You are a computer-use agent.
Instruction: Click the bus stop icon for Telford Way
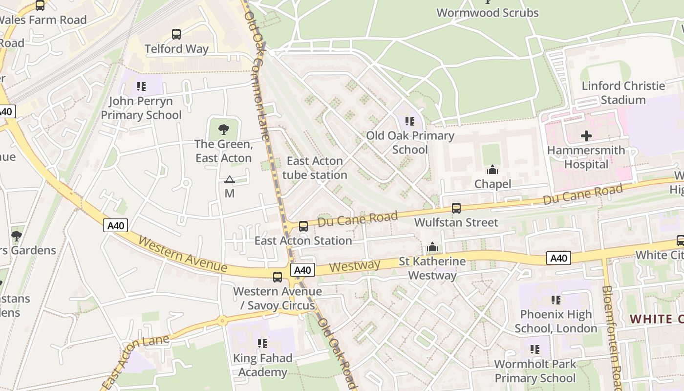[x=176, y=34]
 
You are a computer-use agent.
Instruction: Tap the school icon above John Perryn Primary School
[x=141, y=87]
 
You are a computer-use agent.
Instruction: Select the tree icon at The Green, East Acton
[x=223, y=130]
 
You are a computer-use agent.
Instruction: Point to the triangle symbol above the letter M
[x=229, y=180]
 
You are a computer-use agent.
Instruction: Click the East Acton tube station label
[x=315, y=168]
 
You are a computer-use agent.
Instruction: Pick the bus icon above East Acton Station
[x=303, y=226]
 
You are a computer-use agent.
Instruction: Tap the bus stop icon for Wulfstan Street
[x=456, y=208]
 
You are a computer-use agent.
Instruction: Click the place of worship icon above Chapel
[x=492, y=170]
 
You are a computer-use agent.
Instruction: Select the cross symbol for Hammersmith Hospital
[x=586, y=136]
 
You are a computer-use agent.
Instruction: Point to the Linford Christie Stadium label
[x=623, y=93]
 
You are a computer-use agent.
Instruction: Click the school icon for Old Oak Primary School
[x=409, y=121]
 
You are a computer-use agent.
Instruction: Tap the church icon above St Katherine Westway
[x=432, y=247]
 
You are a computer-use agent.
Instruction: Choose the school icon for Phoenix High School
[x=556, y=300]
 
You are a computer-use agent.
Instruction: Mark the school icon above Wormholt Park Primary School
[x=535, y=349]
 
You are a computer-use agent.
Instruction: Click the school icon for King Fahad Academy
[x=262, y=344]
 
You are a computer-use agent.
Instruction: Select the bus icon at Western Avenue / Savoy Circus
[x=277, y=277]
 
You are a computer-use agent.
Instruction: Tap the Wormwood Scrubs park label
[x=487, y=12]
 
